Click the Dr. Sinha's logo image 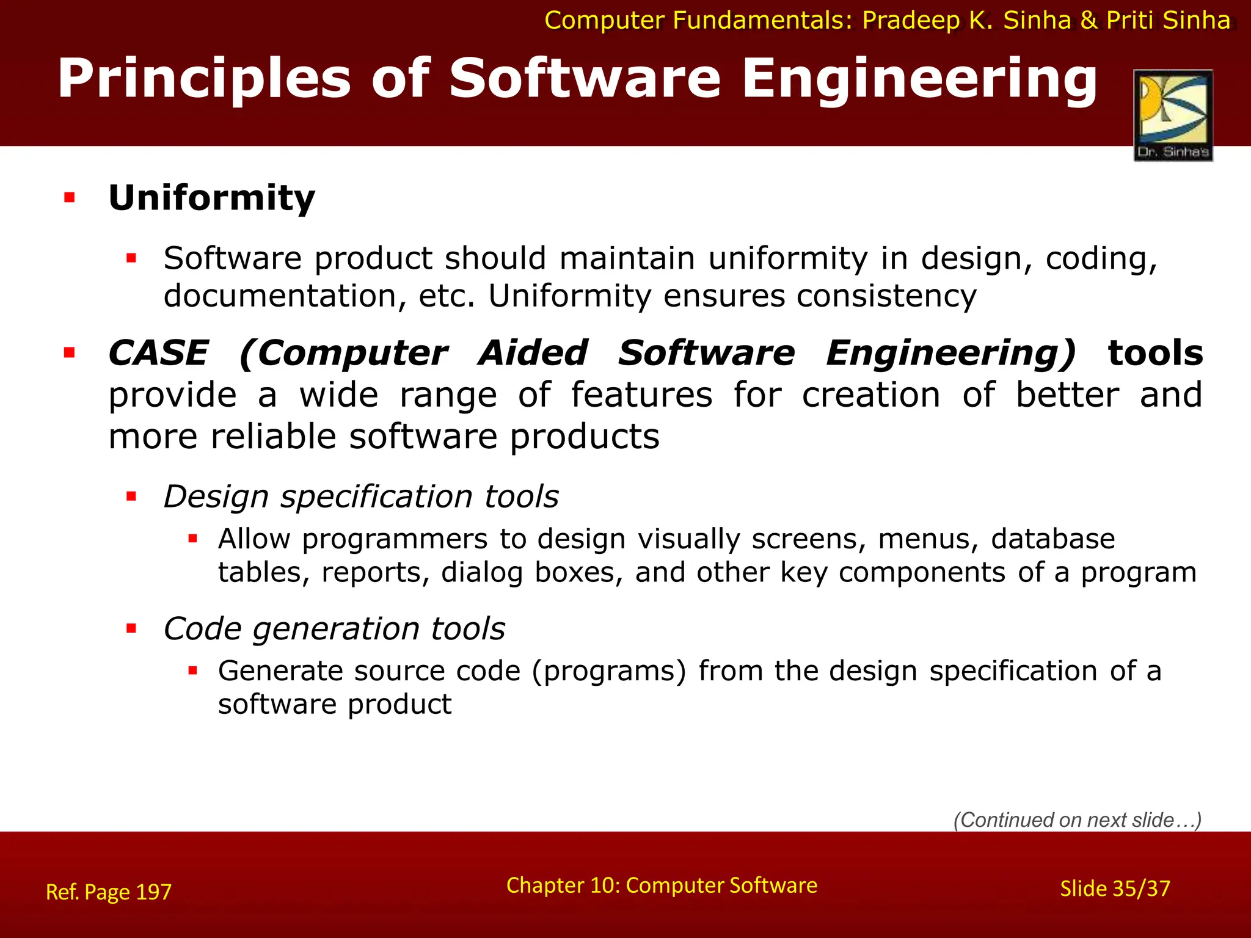pyautogui.click(x=1173, y=115)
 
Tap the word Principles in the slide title pyautogui.click(x=204, y=79)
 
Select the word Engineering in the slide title pyautogui.click(x=919, y=79)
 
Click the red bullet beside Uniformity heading pyautogui.click(x=70, y=198)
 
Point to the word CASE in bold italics pyautogui.click(x=158, y=354)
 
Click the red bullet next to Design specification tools pyautogui.click(x=131, y=496)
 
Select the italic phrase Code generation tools pyautogui.click(x=334, y=629)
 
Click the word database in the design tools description pyautogui.click(x=1052, y=539)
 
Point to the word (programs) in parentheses pyautogui.click(x=609, y=671)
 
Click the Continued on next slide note pyautogui.click(x=1077, y=820)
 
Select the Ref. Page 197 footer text pyautogui.click(x=109, y=892)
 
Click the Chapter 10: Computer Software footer pyautogui.click(x=662, y=885)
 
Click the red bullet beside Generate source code pyautogui.click(x=193, y=671)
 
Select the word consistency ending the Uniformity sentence pyautogui.click(x=886, y=297)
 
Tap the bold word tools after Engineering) pyautogui.click(x=1155, y=354)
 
